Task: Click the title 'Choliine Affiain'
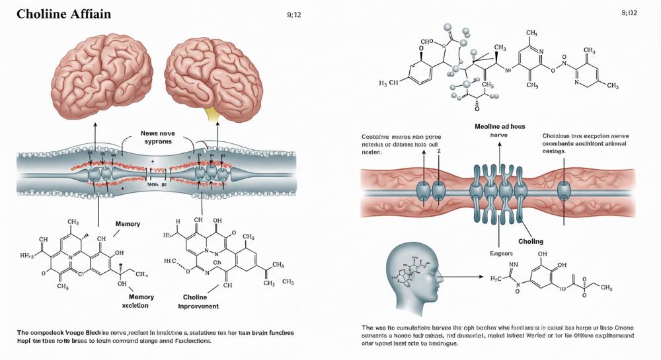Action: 60,13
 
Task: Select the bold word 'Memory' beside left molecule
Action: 127,225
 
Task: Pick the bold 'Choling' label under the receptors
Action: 531,241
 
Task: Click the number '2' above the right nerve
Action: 438,151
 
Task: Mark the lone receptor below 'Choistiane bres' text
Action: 564,190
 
